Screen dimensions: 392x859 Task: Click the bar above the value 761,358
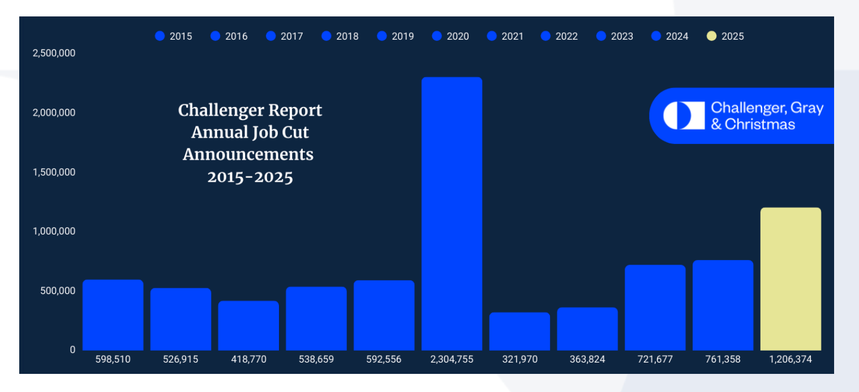pyautogui.click(x=723, y=305)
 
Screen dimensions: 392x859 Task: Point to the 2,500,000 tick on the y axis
pyautogui.click(x=54, y=53)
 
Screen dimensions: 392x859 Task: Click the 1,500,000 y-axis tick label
pyautogui.click(x=54, y=172)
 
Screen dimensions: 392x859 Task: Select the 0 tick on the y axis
pyautogui.click(x=72, y=350)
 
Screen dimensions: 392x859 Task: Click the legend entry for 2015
pyautogui.click(x=174, y=36)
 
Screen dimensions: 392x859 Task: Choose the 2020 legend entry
pyautogui.click(x=450, y=36)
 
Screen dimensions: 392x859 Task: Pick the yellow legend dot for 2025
pyautogui.click(x=712, y=36)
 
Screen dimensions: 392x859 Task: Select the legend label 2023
pyautogui.click(x=622, y=36)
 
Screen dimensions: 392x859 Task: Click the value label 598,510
pyautogui.click(x=113, y=360)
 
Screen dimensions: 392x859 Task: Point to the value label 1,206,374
pyautogui.click(x=791, y=360)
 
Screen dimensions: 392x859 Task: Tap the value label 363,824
pyautogui.click(x=587, y=360)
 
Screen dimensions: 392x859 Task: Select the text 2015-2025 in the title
pyautogui.click(x=250, y=177)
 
